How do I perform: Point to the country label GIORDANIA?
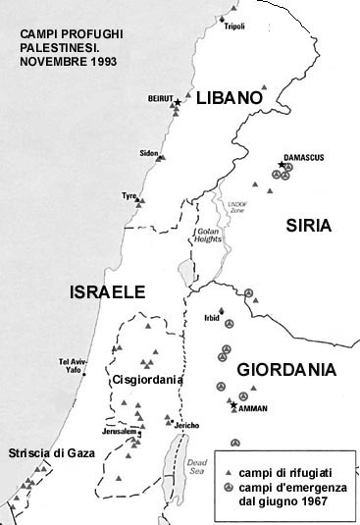(286, 370)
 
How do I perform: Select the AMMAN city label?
(252, 407)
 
